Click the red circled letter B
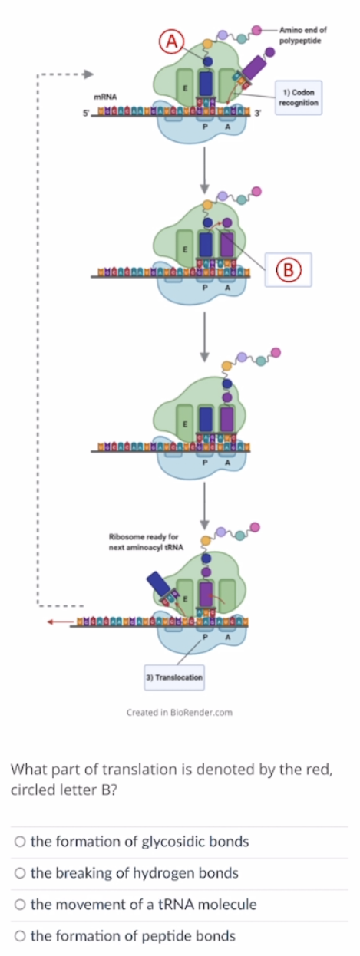(289, 269)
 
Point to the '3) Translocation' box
(174, 677)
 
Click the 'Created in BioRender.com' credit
(180, 713)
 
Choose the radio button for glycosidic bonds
(19, 842)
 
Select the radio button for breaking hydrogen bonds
(19, 873)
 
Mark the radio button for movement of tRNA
(19, 905)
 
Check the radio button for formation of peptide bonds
(19, 936)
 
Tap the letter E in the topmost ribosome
(184, 90)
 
